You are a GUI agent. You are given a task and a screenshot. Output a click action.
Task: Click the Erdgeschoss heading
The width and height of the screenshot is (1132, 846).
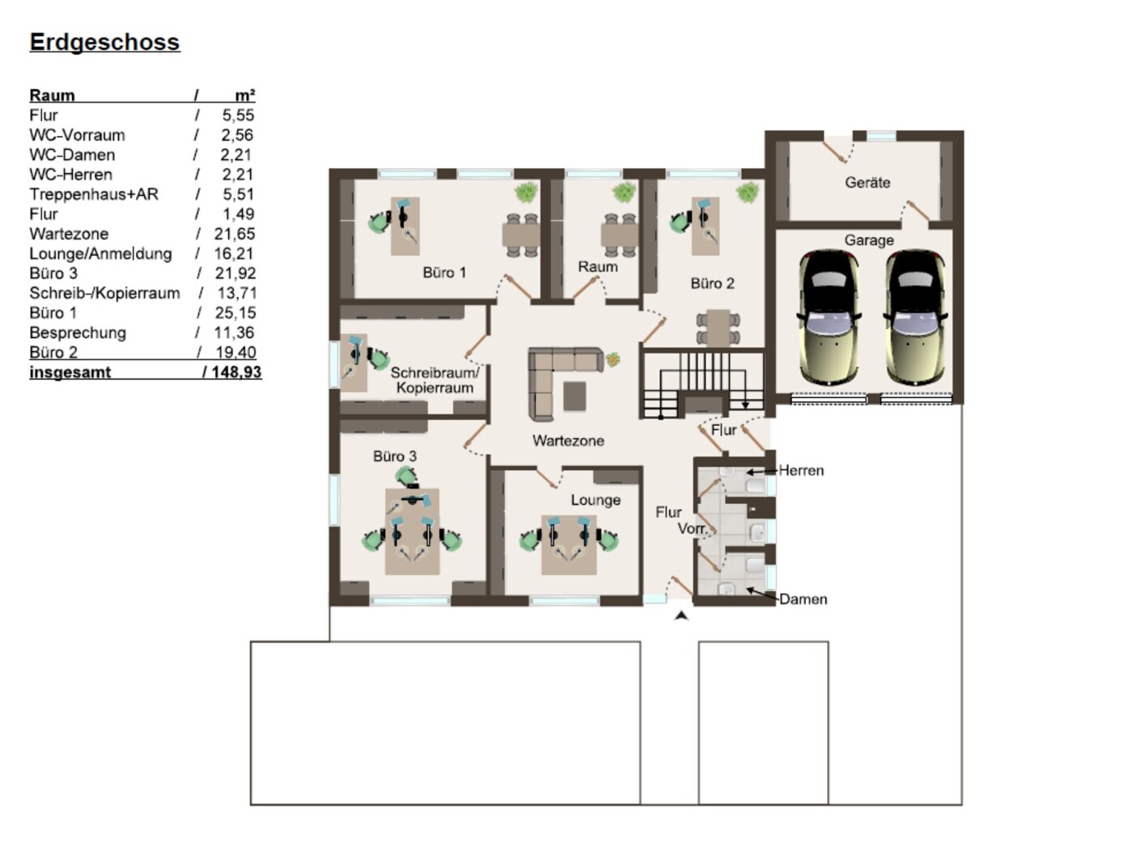pyautogui.click(x=104, y=42)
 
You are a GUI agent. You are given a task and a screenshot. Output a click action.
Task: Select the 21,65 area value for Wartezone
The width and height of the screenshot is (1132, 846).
pyautogui.click(x=235, y=234)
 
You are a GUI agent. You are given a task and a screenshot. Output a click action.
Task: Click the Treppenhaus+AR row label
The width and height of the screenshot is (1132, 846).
pyautogui.click(x=94, y=194)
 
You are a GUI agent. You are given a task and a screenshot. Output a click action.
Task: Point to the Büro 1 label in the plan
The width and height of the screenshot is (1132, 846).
pyautogui.click(x=444, y=273)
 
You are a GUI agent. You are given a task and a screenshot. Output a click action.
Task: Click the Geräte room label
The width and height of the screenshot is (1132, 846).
pyautogui.click(x=867, y=183)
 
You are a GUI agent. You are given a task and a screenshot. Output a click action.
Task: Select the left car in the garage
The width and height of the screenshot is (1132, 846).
pyautogui.click(x=829, y=318)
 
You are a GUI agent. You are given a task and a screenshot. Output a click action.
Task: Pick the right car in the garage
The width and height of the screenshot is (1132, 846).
pyautogui.click(x=915, y=318)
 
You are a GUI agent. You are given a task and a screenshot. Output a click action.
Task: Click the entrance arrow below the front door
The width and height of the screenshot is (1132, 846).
pyautogui.click(x=682, y=615)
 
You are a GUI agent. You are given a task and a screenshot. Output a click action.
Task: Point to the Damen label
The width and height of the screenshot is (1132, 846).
pyautogui.click(x=803, y=599)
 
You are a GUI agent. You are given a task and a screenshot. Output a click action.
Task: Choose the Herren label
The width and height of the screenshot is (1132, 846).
pyautogui.click(x=801, y=470)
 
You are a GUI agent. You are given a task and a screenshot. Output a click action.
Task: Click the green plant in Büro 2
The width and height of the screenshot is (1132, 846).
pyautogui.click(x=748, y=192)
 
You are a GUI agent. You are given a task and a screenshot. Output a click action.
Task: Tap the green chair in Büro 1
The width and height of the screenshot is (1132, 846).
pyautogui.click(x=379, y=222)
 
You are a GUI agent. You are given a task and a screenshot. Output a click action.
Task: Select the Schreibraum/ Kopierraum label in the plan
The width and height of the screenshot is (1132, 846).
pyautogui.click(x=435, y=380)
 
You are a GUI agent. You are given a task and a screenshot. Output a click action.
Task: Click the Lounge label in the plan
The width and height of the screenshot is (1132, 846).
pyautogui.click(x=596, y=500)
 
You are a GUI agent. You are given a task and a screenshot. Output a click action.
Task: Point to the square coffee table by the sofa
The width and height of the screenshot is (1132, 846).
pyautogui.click(x=574, y=396)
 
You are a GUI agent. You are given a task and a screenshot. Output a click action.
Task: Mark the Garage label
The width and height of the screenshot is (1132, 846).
pyautogui.click(x=869, y=240)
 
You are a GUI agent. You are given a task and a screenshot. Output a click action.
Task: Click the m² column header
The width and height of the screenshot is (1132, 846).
pyautogui.click(x=245, y=95)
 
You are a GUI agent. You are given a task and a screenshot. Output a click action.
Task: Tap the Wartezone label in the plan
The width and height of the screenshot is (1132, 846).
pyautogui.click(x=568, y=441)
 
